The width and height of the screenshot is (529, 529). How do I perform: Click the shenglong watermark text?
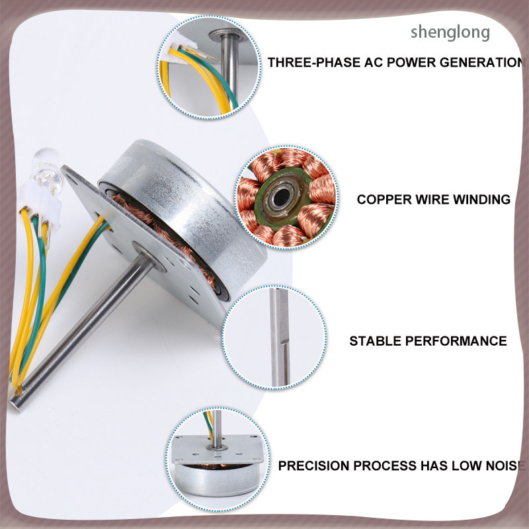pos(450,33)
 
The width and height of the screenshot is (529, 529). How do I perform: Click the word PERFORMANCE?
pos(456,341)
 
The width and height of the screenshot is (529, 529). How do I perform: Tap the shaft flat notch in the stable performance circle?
pos(285,364)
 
